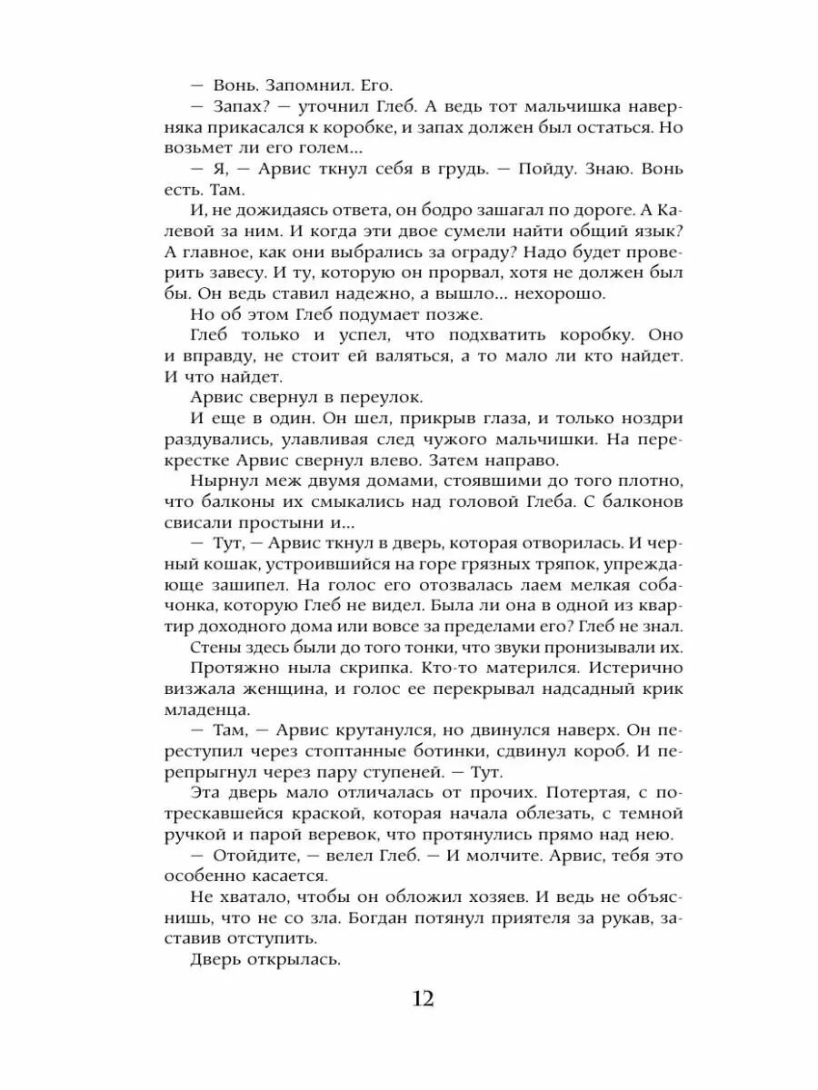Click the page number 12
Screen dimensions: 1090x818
[x=423, y=999]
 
